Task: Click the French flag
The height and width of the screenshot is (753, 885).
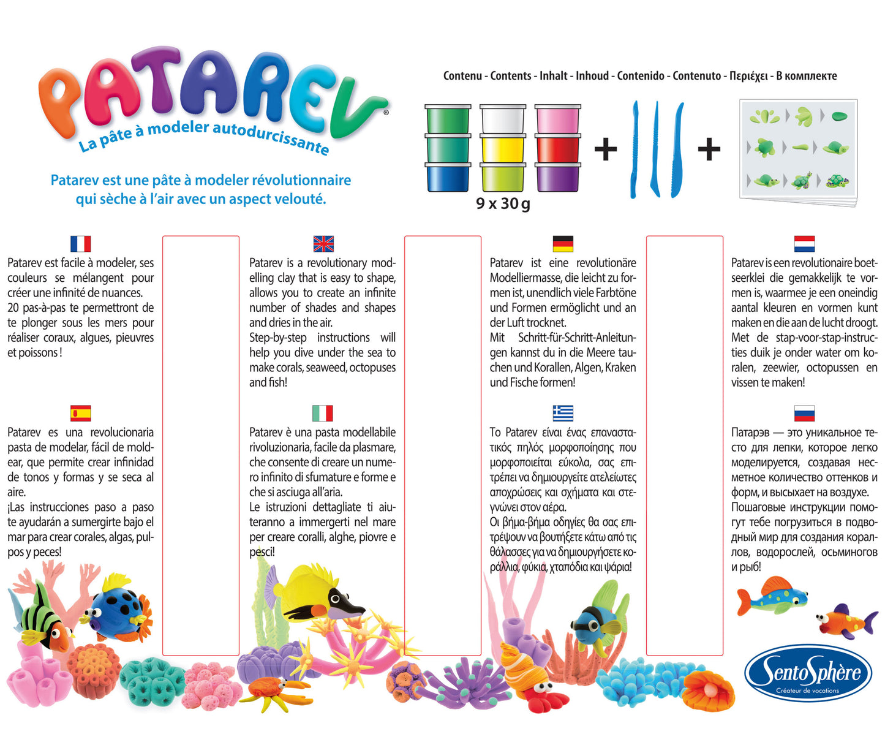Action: pyautogui.click(x=80, y=244)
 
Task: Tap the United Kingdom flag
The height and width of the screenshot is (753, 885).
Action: pyautogui.click(x=323, y=244)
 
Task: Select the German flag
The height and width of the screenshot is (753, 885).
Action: pyautogui.click(x=563, y=244)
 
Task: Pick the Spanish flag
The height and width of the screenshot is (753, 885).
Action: pyautogui.click(x=80, y=414)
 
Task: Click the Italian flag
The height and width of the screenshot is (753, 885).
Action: pyautogui.click(x=323, y=414)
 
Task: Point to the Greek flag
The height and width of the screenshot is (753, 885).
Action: pyautogui.click(x=563, y=414)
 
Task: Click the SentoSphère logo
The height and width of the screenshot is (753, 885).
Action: pyautogui.click(x=808, y=673)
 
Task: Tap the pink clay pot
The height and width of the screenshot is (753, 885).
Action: pyautogui.click(x=557, y=119)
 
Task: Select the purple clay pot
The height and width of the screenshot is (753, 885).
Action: pyautogui.click(x=557, y=177)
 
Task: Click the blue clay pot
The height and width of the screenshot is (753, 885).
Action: pyautogui.click(x=448, y=177)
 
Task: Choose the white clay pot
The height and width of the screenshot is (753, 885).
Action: pyautogui.click(x=503, y=119)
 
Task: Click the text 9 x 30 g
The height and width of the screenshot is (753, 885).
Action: pyautogui.click(x=503, y=203)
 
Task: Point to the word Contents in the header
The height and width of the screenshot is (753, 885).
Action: pyautogui.click(x=511, y=76)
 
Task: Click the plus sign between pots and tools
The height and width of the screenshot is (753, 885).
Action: pyautogui.click(x=606, y=149)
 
